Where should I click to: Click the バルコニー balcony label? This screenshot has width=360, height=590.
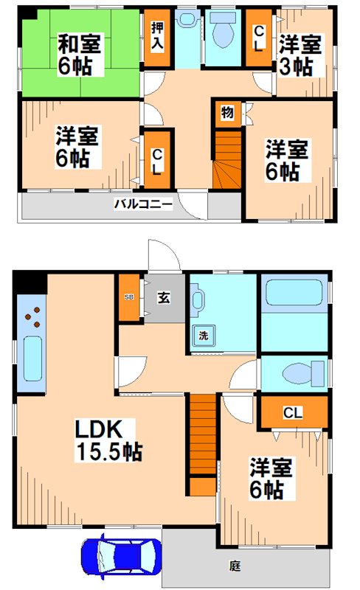(143, 204)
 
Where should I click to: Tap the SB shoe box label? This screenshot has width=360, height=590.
(128, 297)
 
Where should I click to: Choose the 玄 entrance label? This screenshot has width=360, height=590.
(163, 297)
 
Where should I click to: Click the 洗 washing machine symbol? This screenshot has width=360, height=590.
(202, 336)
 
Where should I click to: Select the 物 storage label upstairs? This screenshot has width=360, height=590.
(226, 114)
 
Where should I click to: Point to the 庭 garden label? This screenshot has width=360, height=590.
(235, 566)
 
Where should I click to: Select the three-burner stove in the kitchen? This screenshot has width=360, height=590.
(32, 318)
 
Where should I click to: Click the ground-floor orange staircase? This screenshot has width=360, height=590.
(201, 442)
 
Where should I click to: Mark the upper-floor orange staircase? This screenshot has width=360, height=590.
(227, 159)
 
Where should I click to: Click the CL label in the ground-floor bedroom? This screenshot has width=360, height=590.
(293, 413)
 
